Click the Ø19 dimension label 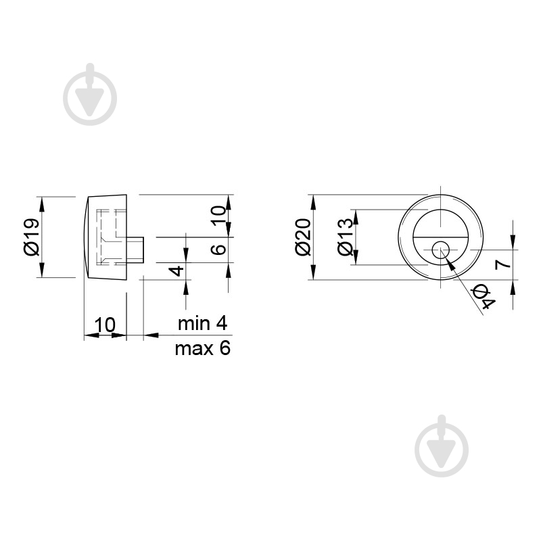[x=32, y=237]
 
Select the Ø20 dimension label [x=304, y=237]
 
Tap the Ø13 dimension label [x=346, y=237]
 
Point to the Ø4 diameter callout [x=484, y=297]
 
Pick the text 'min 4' [x=202, y=324]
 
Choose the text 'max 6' [x=202, y=348]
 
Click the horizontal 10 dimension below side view [x=105, y=325]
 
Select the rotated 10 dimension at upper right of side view [x=218, y=215]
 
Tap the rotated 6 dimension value [x=218, y=250]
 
